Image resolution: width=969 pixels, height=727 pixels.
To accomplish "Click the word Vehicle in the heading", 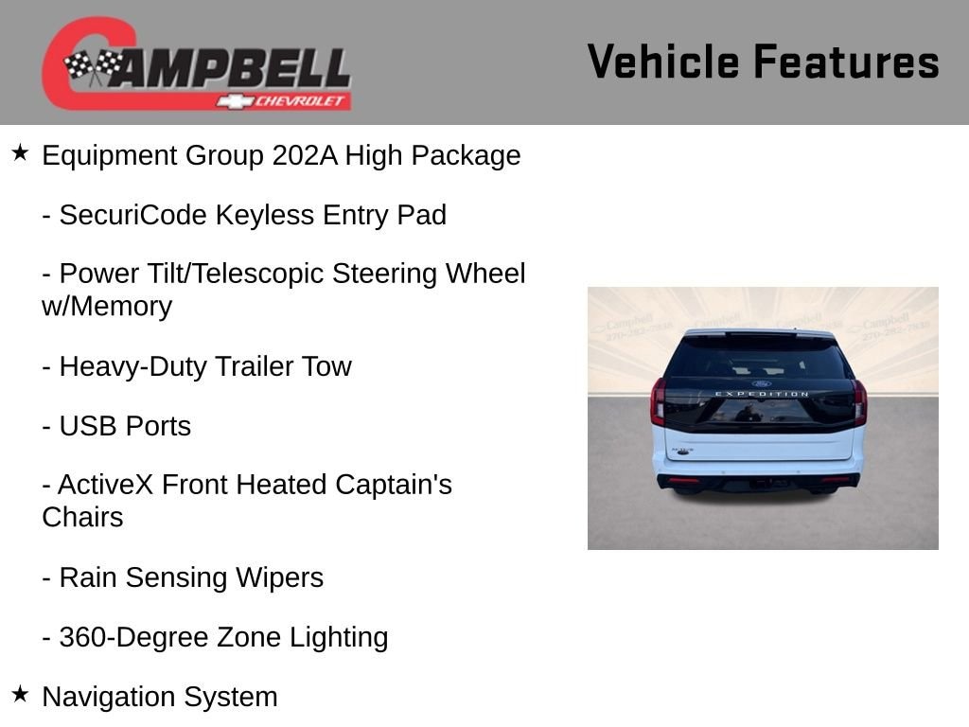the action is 663,62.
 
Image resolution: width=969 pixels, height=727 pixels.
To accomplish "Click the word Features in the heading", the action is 846,62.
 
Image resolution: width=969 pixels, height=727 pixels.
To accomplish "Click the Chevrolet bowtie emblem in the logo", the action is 235,101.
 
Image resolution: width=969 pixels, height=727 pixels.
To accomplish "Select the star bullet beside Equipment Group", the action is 20,152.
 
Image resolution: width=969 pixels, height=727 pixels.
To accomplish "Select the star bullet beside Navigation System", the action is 20,694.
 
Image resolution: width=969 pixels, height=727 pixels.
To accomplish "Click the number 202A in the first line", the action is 305,155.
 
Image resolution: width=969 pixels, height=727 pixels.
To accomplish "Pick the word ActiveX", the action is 105,485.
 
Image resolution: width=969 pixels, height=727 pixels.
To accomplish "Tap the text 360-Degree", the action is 133,637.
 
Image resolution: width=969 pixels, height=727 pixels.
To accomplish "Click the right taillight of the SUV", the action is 859,403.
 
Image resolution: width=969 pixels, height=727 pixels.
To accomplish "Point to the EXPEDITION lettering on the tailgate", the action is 762,394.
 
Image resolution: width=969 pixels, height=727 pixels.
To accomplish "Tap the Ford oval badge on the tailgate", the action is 762,383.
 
